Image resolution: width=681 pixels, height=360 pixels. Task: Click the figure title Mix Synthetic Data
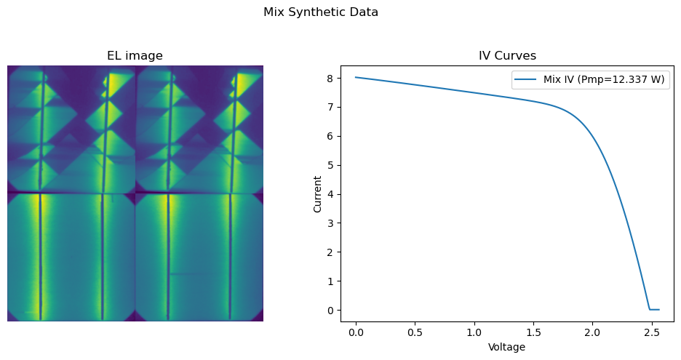[x=321, y=12]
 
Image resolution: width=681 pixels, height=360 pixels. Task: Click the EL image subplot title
[x=135, y=55]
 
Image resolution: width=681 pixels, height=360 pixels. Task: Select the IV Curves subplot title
[x=507, y=55]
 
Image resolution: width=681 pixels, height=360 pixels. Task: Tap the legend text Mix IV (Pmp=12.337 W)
[x=604, y=79]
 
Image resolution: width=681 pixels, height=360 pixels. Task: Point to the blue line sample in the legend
[x=526, y=79]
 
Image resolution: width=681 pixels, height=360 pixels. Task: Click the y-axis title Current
[x=317, y=194]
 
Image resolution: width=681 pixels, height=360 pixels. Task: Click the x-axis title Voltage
[x=506, y=347]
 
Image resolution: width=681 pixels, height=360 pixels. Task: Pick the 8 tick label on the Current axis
[x=331, y=78]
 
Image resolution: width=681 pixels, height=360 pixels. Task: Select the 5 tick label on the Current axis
[x=331, y=165]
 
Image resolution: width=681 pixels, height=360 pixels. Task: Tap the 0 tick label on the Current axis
[x=331, y=311]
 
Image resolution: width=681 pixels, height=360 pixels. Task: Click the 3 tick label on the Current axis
[x=331, y=223]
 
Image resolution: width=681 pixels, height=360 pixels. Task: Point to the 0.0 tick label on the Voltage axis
[x=356, y=332]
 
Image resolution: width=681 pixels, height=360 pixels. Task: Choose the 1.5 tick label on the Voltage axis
[x=533, y=332]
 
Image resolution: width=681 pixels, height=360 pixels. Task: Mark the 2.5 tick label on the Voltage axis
[x=651, y=332]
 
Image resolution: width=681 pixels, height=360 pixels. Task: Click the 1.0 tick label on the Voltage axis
[x=474, y=332]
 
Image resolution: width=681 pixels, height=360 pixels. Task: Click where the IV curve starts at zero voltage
[x=356, y=77]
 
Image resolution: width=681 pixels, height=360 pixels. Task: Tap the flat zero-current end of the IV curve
[x=655, y=310]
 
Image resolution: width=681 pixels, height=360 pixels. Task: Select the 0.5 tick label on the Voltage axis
[x=415, y=332]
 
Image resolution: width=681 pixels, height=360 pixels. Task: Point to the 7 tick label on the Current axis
[x=331, y=107]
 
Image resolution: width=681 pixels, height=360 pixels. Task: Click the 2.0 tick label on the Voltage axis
[x=592, y=332]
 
